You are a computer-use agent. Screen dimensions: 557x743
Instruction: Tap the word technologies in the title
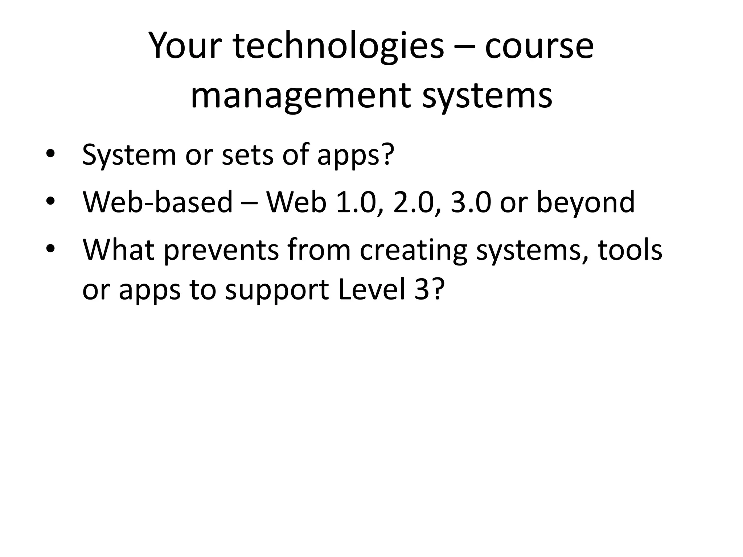pos(338,46)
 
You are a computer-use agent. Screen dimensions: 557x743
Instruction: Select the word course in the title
pos(539,46)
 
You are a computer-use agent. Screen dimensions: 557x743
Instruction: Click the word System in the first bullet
pos(129,154)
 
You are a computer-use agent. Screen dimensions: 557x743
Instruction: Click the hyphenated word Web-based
pos(157,202)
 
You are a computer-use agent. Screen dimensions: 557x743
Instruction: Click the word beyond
pos(586,202)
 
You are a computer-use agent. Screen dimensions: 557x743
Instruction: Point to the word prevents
pos(221,250)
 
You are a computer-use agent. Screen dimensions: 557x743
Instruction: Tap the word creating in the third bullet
pos(414,250)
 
